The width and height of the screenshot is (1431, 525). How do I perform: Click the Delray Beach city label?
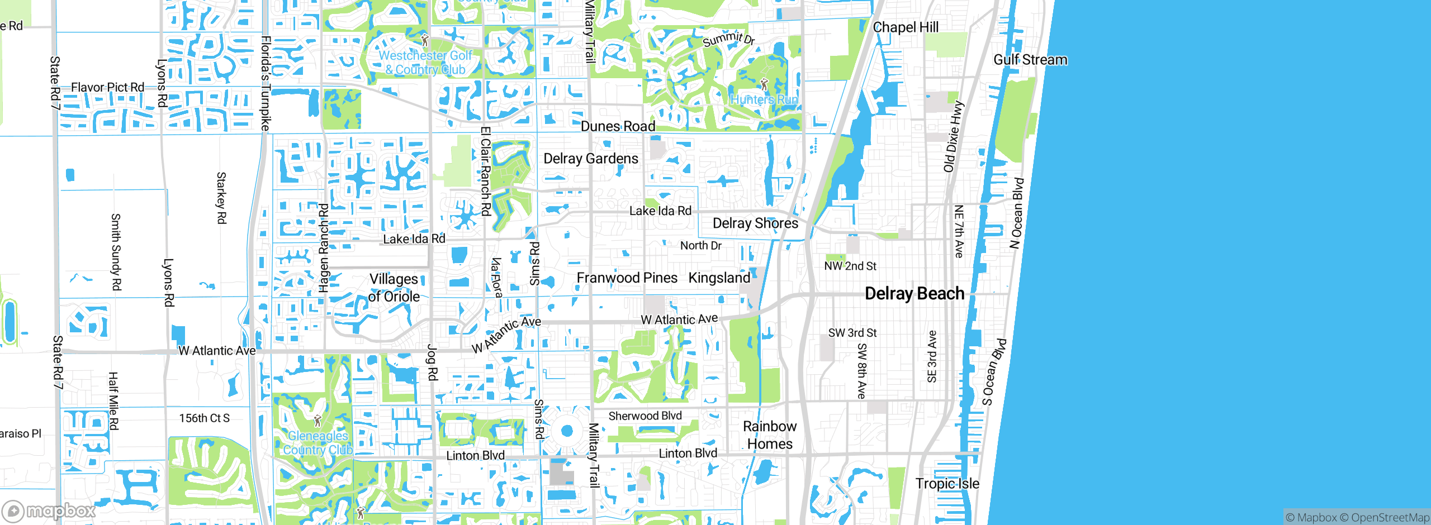point(914,294)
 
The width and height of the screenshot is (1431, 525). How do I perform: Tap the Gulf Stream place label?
point(1030,60)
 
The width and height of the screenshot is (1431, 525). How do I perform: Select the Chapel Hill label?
point(906,27)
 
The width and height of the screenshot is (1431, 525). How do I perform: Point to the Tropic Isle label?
point(947,484)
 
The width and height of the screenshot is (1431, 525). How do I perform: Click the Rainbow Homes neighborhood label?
point(770,435)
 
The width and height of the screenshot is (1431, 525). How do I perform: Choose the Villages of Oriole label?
point(394,288)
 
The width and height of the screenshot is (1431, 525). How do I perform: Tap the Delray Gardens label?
point(590,159)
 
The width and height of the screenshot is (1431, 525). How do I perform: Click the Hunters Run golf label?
point(764,99)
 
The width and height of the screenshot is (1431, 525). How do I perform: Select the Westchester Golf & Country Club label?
point(425,63)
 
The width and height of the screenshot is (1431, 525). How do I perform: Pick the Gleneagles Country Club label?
point(318,443)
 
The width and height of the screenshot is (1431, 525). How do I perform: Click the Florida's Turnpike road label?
point(266,84)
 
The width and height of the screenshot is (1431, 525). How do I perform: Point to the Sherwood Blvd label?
point(645,416)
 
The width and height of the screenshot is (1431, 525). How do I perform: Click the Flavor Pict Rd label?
point(107,88)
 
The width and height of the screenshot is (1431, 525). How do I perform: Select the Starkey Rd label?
point(221,198)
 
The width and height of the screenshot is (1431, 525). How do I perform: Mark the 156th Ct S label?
point(204,418)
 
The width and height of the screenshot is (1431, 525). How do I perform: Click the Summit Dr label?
point(728,39)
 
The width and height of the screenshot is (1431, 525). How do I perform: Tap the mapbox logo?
point(49,511)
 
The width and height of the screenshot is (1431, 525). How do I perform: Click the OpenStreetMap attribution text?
point(1390,518)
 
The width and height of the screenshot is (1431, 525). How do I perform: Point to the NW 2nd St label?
point(850,266)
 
